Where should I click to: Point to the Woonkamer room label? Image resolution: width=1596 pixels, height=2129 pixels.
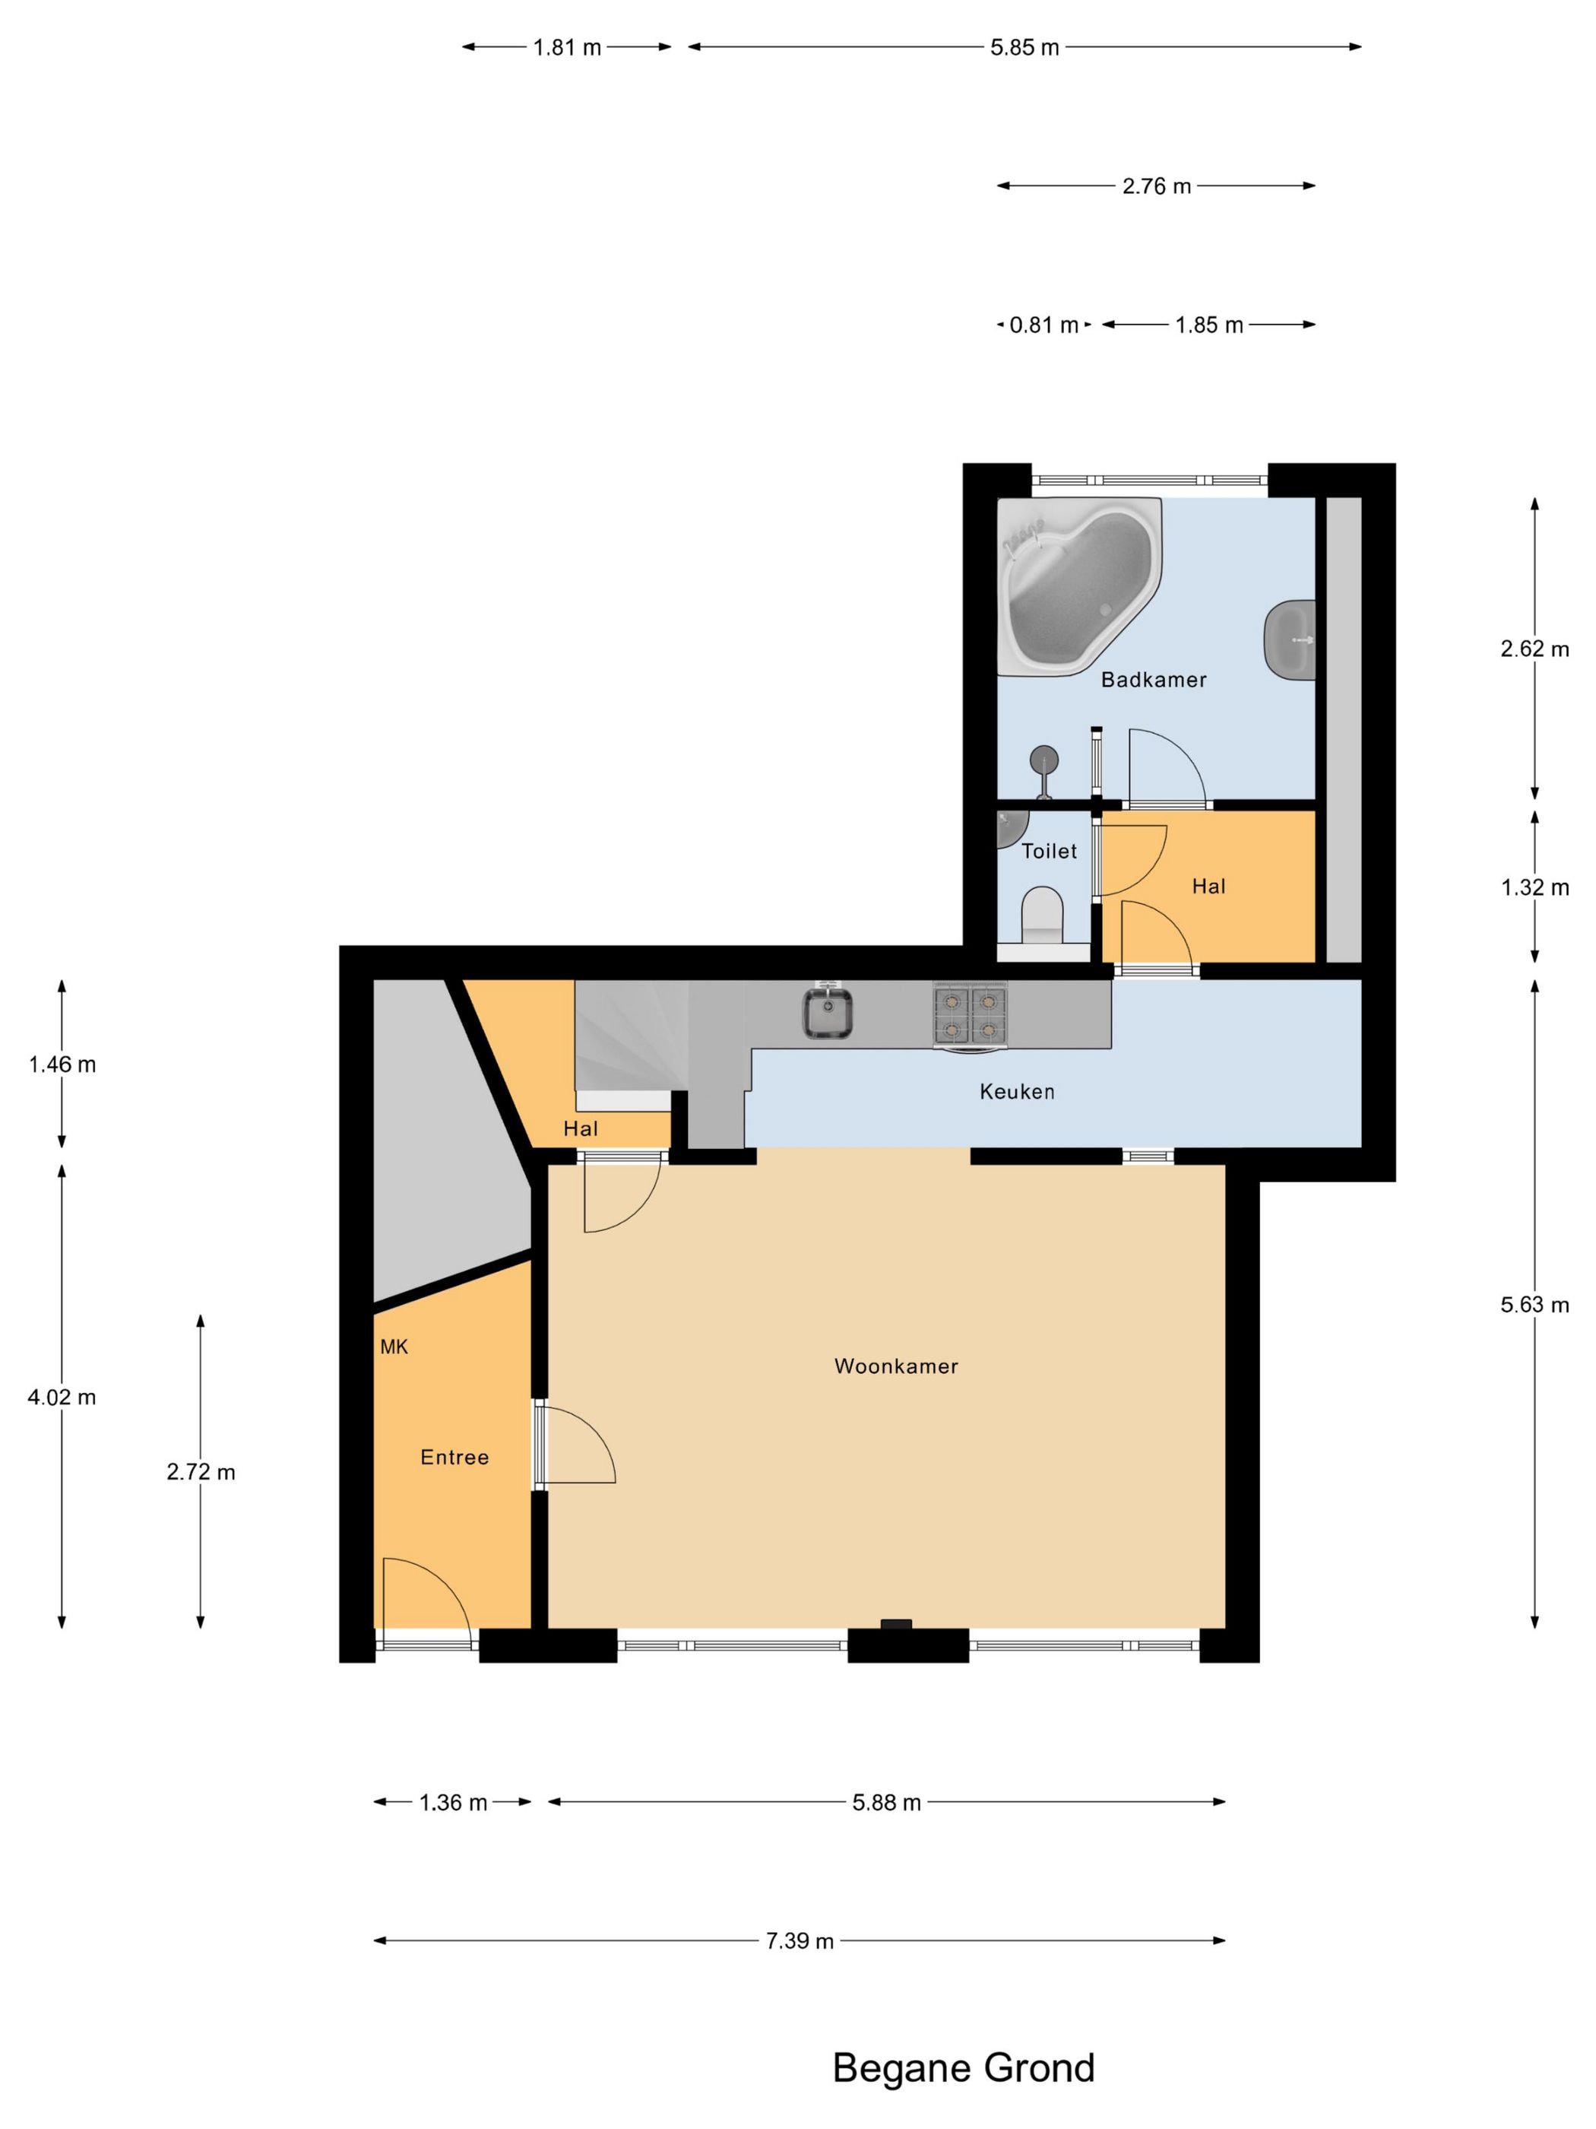pyautogui.click(x=895, y=1366)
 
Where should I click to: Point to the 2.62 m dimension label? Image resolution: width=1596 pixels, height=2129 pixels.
pyautogui.click(x=1534, y=649)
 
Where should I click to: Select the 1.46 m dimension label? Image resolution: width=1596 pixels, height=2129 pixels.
pyautogui.click(x=62, y=1064)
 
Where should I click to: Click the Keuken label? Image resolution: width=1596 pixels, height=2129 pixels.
pyautogui.click(x=1017, y=1091)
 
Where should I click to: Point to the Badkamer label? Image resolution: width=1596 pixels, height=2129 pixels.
pyautogui.click(x=1154, y=680)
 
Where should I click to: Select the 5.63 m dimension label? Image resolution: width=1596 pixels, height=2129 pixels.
pyautogui.click(x=1534, y=1305)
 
